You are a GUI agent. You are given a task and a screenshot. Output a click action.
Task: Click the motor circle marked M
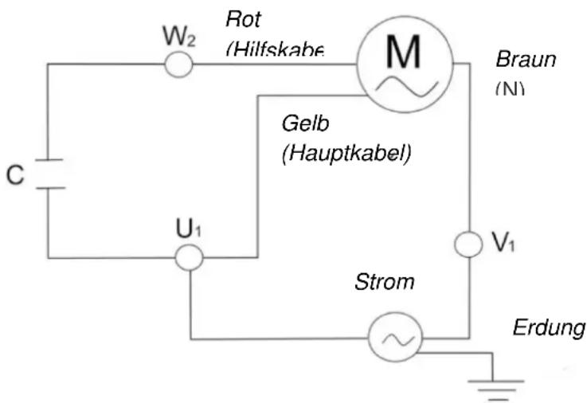click(404, 64)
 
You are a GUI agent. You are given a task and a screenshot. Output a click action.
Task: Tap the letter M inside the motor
click(404, 52)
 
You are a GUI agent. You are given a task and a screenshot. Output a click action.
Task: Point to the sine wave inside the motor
click(404, 84)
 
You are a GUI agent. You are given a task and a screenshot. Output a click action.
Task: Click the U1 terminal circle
click(190, 257)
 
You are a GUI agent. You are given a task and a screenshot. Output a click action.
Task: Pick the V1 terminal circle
click(468, 245)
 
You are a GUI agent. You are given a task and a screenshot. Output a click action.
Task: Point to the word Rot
click(243, 18)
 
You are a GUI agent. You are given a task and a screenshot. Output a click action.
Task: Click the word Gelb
click(305, 125)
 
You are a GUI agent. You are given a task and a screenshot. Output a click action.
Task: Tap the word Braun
click(525, 60)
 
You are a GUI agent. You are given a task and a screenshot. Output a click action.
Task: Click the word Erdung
click(549, 327)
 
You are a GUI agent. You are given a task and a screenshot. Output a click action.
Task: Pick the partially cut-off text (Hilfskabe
click(275, 49)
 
